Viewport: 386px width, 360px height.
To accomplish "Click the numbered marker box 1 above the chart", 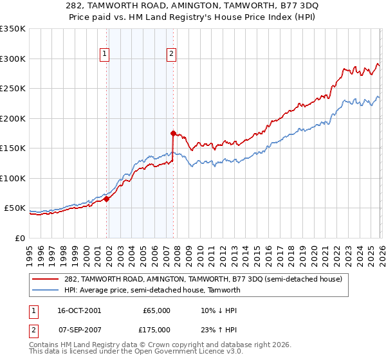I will (x=104, y=55).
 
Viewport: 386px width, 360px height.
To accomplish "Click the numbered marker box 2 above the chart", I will (x=172, y=55).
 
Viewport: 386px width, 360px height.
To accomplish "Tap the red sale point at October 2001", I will (x=107, y=199).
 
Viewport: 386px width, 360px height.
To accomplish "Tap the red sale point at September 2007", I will (x=173, y=134).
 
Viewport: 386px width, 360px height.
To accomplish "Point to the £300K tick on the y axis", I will (x=13, y=59).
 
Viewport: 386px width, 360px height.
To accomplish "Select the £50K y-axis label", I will (x=15, y=208).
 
